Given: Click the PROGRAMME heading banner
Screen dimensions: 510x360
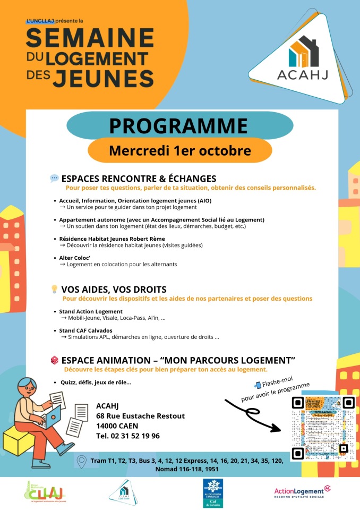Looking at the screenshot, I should (179, 126).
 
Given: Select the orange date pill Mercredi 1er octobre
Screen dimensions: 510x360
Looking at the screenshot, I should (179, 150).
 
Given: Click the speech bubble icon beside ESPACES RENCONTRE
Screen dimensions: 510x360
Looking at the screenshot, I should (54, 178).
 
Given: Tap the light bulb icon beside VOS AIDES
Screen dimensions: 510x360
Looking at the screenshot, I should (54, 290).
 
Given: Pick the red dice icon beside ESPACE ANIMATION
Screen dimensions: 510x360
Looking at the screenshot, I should (54, 360).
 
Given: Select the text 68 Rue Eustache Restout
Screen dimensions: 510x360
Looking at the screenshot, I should (141, 415).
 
